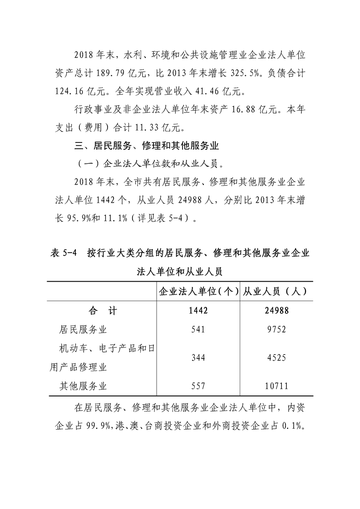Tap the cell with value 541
point(198,329)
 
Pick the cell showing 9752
point(276,329)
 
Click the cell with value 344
point(198,358)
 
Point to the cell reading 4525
point(276,358)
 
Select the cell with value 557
point(198,386)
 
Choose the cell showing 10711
point(276,386)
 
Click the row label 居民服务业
point(83,329)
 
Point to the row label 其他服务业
point(83,386)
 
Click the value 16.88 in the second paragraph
point(252,109)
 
